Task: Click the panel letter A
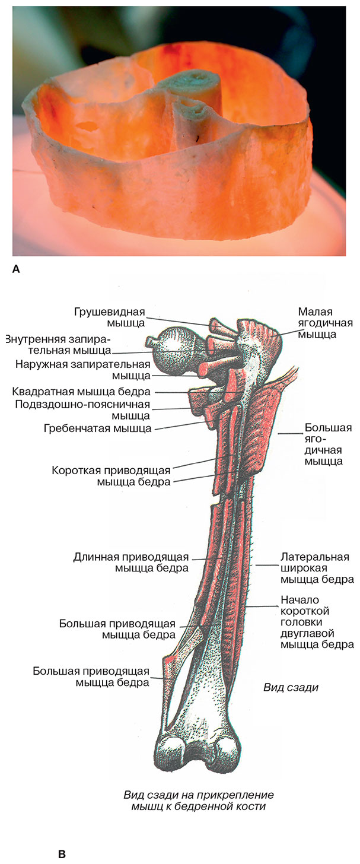(x=16, y=269)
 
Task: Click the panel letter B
(x=62, y=855)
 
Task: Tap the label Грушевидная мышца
(x=109, y=317)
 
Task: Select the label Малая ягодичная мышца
(x=325, y=323)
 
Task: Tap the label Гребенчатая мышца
(x=97, y=428)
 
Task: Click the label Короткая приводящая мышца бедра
(x=111, y=475)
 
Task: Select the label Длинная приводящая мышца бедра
(x=130, y=563)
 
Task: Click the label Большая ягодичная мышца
(x=328, y=444)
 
